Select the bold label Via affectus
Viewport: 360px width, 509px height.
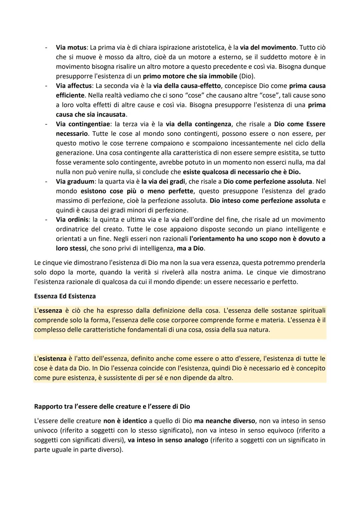pyautogui.click(x=74, y=86)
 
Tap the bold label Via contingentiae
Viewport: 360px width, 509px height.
pyautogui.click(x=84, y=124)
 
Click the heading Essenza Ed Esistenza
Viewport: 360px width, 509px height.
pyautogui.click(x=65, y=296)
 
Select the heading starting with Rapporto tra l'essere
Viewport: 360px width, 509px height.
pyautogui.click(x=112, y=407)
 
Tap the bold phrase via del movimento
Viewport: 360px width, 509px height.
pyautogui.click(x=268, y=47)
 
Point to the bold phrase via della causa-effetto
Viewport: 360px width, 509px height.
pyautogui.click(x=187, y=86)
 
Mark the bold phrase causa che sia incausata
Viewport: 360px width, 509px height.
pyautogui.click(x=91, y=115)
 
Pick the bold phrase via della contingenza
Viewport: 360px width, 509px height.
pyautogui.click(x=198, y=124)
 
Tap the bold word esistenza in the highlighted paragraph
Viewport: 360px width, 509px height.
pyautogui.click(x=52, y=359)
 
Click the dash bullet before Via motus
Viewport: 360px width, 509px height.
pyautogui.click(x=46, y=47)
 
